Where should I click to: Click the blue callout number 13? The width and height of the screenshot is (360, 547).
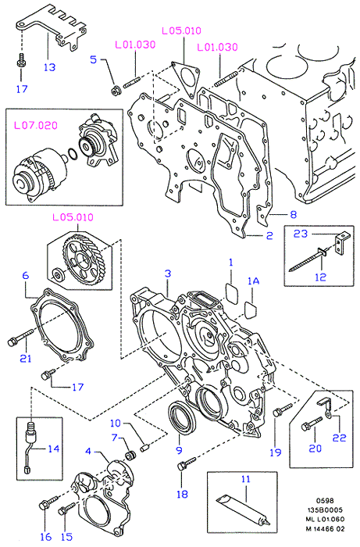pyautogui.click(x=49, y=66)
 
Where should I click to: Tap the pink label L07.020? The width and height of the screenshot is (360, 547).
pyautogui.click(x=36, y=125)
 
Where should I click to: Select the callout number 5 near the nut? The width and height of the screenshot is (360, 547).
pyautogui.click(x=93, y=59)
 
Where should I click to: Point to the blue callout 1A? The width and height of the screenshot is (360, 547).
pyautogui.click(x=253, y=281)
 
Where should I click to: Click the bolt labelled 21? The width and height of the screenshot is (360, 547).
pyautogui.click(x=21, y=338)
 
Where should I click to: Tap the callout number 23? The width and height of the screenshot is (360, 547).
pyautogui.click(x=301, y=234)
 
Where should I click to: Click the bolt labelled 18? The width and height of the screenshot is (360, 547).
pyautogui.click(x=187, y=463)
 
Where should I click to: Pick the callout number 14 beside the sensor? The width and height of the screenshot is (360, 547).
pyautogui.click(x=53, y=449)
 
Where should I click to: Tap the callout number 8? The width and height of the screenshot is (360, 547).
pyautogui.click(x=294, y=214)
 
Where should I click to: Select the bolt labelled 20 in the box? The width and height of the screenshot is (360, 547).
pyautogui.click(x=312, y=424)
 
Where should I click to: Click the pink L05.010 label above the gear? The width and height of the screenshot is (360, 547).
pyautogui.click(x=73, y=217)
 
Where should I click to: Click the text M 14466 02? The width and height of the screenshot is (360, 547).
pyautogui.click(x=325, y=529)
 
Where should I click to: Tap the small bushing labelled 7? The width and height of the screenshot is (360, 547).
pyautogui.click(x=131, y=456)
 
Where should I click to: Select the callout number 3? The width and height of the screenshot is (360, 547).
pyautogui.click(x=168, y=273)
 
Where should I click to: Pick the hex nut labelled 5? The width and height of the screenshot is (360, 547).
pyautogui.click(x=114, y=91)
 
